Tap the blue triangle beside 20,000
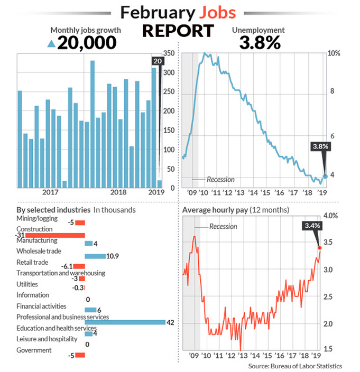point(51,44)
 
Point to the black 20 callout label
point(158,61)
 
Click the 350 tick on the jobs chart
point(170,54)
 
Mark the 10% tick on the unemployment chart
point(334,54)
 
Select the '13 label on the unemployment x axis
point(239,193)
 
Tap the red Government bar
point(80,355)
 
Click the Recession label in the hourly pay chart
point(223,226)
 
